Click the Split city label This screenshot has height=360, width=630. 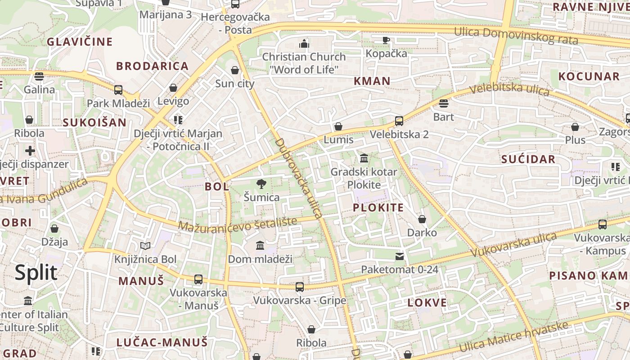coord(36,273)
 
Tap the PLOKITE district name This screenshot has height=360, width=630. coord(378,207)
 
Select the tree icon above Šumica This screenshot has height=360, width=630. coord(261,184)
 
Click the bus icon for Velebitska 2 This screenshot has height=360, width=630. coord(399,121)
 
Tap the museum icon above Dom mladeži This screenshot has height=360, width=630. coord(260,245)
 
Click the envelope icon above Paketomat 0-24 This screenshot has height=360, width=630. coord(399,256)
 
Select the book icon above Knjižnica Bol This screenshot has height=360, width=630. coord(145,246)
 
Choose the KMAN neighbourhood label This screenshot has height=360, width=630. coord(372,81)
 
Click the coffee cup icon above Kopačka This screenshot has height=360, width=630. coord(386,40)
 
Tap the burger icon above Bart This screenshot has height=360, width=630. coord(443,103)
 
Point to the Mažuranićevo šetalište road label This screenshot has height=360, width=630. coord(238,224)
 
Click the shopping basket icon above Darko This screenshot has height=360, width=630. coord(422,219)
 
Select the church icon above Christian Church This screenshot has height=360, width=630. coord(304,44)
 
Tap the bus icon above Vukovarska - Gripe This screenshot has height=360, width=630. coord(299,287)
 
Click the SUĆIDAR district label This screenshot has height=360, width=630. coord(528,159)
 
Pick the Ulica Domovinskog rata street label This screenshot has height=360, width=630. coord(516,36)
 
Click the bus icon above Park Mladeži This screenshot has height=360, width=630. coord(118,90)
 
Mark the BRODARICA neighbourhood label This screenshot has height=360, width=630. coord(152,66)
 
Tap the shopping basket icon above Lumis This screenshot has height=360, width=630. coord(338,126)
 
